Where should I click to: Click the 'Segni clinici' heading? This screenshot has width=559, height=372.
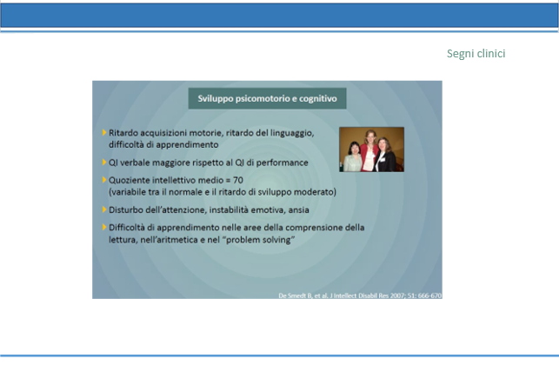[476, 54]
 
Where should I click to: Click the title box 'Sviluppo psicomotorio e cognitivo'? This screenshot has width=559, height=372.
[267, 98]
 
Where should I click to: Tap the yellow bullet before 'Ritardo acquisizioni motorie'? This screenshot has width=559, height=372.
[104, 132]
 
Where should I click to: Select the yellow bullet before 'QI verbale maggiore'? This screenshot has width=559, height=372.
[104, 163]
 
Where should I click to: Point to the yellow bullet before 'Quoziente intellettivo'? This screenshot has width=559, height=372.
[104, 180]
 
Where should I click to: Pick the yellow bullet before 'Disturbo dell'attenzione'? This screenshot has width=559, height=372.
[104, 209]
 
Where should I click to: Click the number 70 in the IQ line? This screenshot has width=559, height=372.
[238, 180]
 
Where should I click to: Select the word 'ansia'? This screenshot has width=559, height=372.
[298, 209]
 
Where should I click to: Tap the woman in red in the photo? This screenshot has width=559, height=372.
[369, 150]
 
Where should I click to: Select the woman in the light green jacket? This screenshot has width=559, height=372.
[353, 157]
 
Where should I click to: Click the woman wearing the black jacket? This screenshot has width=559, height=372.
[385, 156]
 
